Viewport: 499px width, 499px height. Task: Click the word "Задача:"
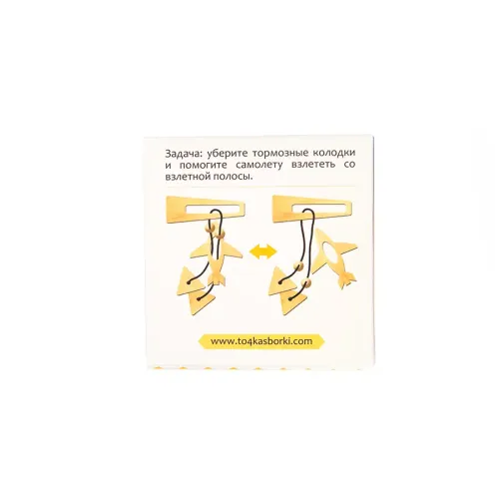[x=184, y=154]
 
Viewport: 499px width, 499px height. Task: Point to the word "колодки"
[x=334, y=153]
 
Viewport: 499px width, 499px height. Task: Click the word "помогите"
[x=205, y=165]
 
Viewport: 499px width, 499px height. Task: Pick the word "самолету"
[x=258, y=165]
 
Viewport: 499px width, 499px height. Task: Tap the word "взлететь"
[x=313, y=165]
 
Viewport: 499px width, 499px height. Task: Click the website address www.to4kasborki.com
[x=261, y=341]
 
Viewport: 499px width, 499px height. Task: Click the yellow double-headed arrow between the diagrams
[x=262, y=251]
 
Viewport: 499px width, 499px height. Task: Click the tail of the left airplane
[x=217, y=277]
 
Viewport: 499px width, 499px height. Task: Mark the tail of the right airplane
[x=346, y=278]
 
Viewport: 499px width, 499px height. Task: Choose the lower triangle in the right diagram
[x=293, y=302]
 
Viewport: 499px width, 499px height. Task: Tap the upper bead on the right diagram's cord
[x=299, y=266]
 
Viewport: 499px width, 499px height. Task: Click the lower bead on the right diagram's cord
[x=306, y=283]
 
